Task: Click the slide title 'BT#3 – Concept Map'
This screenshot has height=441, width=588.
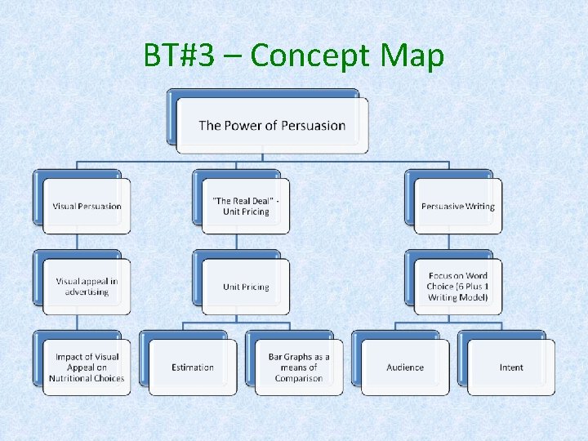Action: [294, 56]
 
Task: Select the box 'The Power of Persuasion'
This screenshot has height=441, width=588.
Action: [272, 126]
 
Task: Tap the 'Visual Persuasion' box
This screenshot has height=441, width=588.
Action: [87, 206]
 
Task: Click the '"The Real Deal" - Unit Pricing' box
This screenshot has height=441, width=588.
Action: [246, 206]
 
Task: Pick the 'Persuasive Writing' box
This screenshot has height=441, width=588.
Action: [457, 206]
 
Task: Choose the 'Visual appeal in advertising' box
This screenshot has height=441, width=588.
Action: [87, 287]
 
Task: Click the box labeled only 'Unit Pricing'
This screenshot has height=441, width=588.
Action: [246, 287]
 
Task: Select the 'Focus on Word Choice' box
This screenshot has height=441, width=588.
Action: [457, 287]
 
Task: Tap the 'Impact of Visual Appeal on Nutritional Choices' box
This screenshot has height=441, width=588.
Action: [87, 367]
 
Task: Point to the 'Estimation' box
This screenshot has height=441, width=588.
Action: [193, 367]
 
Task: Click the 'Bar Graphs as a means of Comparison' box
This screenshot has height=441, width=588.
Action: [299, 367]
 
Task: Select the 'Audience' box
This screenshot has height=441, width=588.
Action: [405, 367]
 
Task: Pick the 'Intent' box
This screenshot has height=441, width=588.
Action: [511, 367]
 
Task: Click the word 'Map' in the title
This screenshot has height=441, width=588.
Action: [412, 56]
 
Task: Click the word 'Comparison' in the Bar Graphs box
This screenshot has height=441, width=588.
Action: [299, 378]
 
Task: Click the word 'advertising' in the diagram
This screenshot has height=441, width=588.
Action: [87, 292]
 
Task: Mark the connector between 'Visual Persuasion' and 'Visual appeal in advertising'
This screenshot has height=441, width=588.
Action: [77, 242]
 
